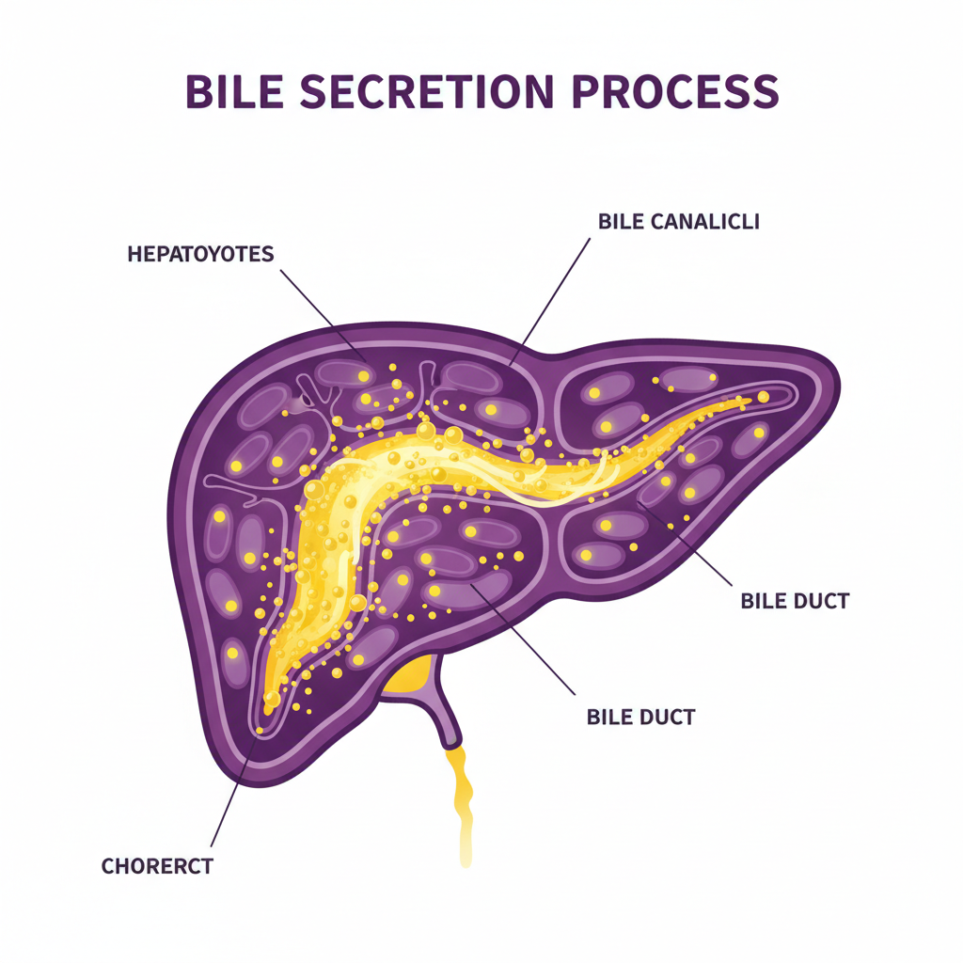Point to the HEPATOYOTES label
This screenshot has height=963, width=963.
pyautogui.click(x=200, y=254)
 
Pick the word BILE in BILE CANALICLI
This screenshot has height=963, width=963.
pyautogui.click(x=619, y=222)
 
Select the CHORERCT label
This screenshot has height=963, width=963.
pyautogui.click(x=157, y=866)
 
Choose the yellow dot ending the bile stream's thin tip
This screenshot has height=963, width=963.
pyautogui.click(x=763, y=397)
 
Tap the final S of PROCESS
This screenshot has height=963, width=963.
pyautogui.click(x=765, y=91)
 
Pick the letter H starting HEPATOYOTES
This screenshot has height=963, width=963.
pyautogui.click(x=133, y=254)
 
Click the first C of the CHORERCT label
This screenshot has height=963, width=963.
pyautogui.click(x=107, y=866)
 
